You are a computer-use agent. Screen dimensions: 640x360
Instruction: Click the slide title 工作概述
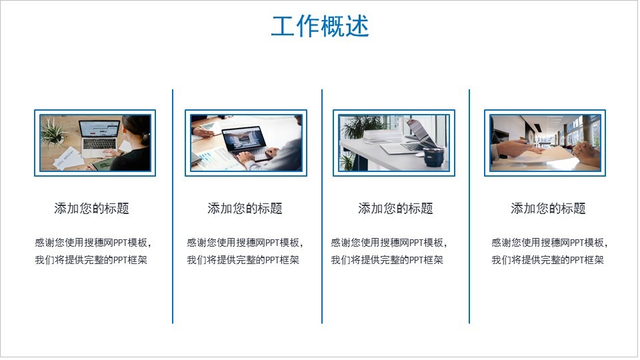point(320,26)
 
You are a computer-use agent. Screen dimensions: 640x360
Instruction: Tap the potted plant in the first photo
point(53,132)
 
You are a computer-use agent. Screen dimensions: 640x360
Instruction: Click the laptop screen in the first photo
point(99,129)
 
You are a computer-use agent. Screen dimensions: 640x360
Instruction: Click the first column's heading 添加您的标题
point(92,208)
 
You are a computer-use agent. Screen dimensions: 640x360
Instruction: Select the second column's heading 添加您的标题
point(245,208)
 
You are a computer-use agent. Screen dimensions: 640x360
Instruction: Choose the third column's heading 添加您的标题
point(395,208)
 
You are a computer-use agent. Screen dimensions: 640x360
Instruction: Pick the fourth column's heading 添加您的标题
point(548,208)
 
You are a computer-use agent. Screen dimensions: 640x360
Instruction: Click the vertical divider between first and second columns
point(173,207)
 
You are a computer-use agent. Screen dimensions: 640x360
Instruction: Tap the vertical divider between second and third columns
point(322,207)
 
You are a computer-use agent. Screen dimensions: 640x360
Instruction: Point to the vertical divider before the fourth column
point(469,207)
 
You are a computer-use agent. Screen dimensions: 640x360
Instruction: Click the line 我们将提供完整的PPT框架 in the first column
point(91,260)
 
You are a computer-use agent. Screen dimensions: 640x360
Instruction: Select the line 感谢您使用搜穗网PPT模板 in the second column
point(243,243)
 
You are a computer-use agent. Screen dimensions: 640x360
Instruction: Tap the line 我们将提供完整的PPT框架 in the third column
point(387,260)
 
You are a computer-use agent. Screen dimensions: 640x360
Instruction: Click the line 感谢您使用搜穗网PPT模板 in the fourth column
point(548,243)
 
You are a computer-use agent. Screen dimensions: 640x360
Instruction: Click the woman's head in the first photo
point(137,129)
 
